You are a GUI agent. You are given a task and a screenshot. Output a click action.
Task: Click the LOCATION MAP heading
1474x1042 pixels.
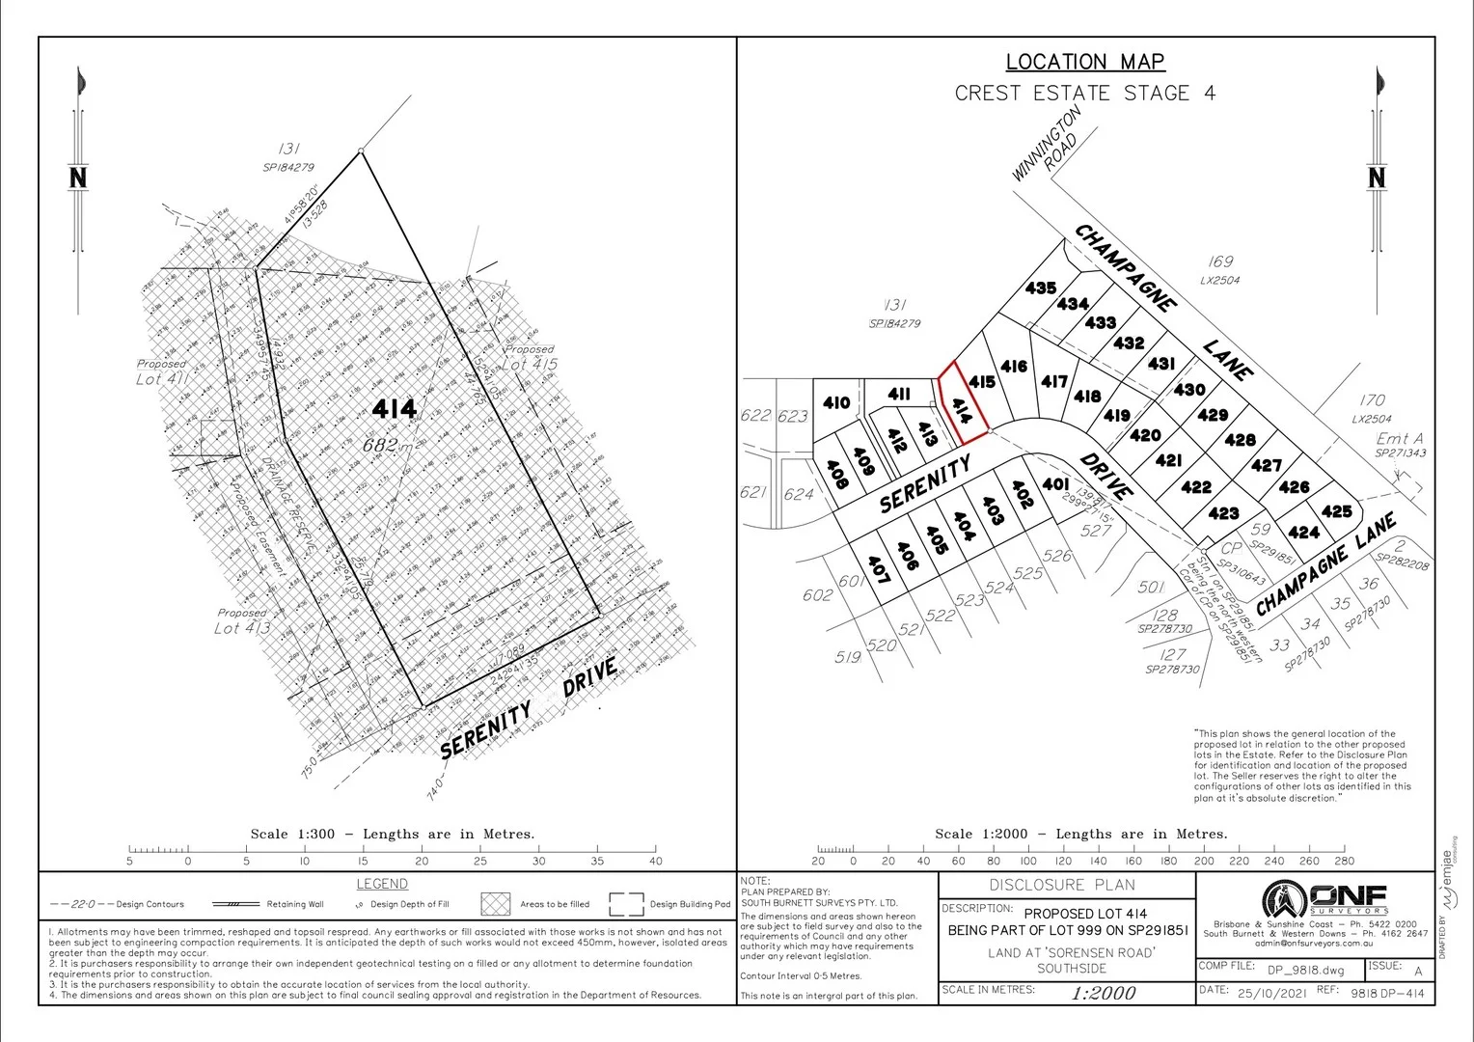pyautogui.click(x=1085, y=62)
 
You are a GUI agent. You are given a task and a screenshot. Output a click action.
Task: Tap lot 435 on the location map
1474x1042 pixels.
pyautogui.click(x=1041, y=288)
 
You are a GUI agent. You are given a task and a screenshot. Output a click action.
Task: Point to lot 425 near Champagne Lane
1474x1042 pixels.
pyautogui.click(x=1336, y=511)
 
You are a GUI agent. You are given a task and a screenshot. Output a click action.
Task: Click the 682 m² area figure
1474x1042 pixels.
pyautogui.click(x=390, y=445)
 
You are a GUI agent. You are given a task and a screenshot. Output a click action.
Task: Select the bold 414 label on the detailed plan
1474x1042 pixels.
pyautogui.click(x=395, y=410)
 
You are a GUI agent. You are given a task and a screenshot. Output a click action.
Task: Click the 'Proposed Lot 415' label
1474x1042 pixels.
pyautogui.click(x=529, y=358)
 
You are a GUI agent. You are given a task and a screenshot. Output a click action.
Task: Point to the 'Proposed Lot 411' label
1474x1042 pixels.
pyautogui.click(x=161, y=372)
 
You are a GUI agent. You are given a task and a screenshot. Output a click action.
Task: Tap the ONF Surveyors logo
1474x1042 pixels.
pyautogui.click(x=1324, y=900)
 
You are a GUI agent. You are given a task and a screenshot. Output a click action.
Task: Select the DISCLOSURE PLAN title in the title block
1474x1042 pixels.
pyautogui.click(x=1062, y=885)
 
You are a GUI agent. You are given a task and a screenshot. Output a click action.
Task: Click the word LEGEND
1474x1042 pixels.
pyautogui.click(x=382, y=884)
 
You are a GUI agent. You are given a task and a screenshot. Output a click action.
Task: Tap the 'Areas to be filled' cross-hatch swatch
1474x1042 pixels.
pyautogui.click(x=496, y=904)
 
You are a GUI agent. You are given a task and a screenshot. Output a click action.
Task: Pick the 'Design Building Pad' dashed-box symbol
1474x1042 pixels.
pyautogui.click(x=626, y=904)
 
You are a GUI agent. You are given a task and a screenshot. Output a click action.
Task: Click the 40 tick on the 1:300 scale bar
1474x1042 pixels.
pyautogui.click(x=656, y=850)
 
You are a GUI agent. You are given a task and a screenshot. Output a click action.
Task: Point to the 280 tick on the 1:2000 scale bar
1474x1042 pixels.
pyautogui.click(x=1345, y=850)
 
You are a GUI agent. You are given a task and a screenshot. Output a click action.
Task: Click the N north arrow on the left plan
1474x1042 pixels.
pyautogui.click(x=78, y=178)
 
